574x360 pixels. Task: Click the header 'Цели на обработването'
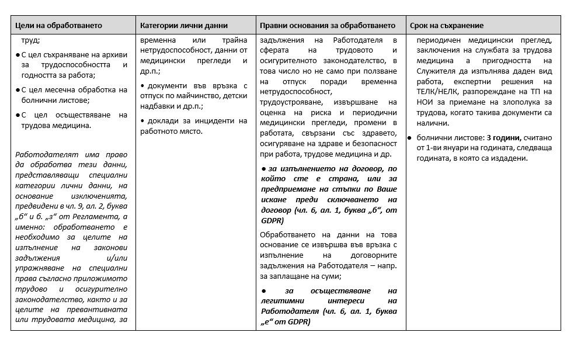click(x=58, y=26)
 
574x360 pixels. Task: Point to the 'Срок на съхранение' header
click(x=447, y=26)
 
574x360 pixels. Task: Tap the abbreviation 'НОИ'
click(x=425, y=102)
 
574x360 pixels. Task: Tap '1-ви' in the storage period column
click(x=436, y=147)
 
